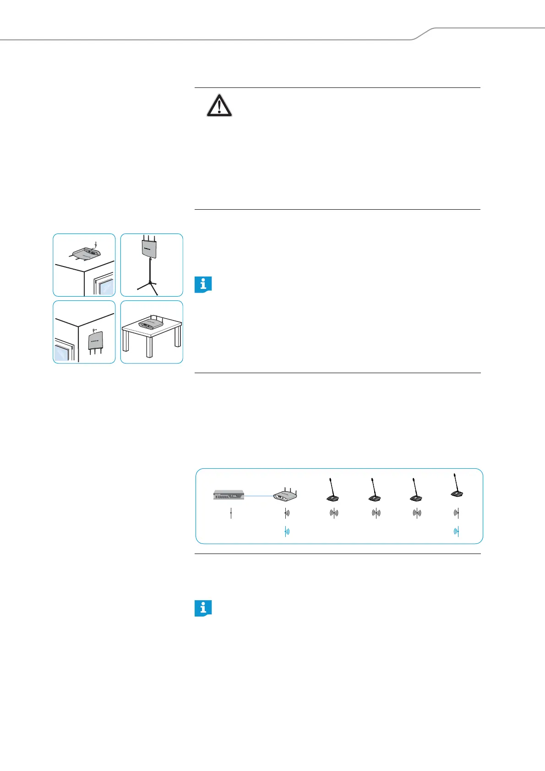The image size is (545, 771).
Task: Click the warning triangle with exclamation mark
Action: pos(219,106)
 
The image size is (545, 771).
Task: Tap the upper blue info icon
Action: pos(203,284)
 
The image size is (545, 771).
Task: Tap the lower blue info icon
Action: pos(203,608)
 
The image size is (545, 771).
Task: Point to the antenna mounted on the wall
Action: pos(96,340)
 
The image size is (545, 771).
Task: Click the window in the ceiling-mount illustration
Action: pos(104,284)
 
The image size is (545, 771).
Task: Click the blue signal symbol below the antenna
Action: pos(286,532)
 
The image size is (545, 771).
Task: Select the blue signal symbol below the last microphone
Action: pos(457,532)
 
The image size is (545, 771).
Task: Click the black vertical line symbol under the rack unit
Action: pos(231,513)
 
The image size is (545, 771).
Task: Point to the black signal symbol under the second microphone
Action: pos(376,513)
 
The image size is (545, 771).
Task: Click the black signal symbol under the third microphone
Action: pos(417,513)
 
